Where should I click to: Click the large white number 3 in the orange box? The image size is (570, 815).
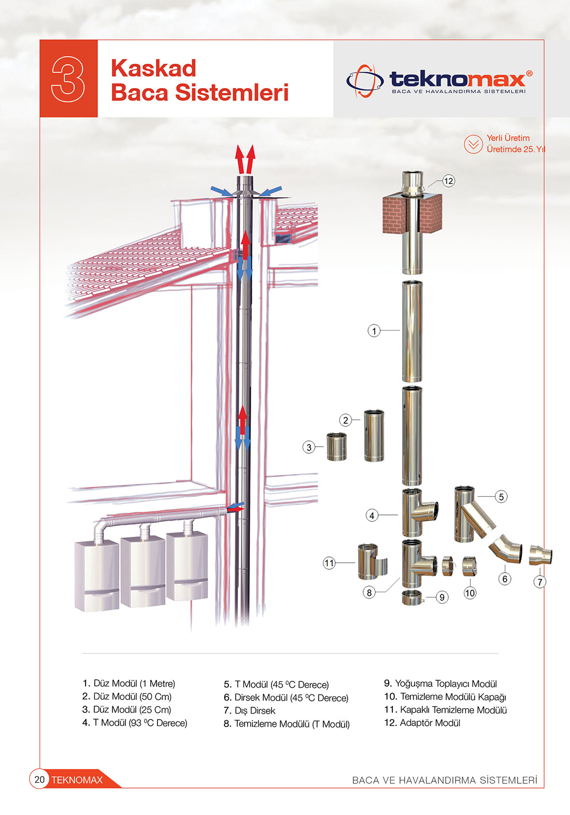[x=68, y=79]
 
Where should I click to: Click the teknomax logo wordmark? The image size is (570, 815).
[x=457, y=79]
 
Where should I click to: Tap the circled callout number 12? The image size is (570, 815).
[x=448, y=181]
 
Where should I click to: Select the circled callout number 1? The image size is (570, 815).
[x=374, y=331]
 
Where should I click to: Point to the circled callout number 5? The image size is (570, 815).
[x=501, y=497]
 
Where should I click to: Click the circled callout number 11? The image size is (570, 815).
[x=329, y=563]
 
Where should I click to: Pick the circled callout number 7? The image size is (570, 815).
[x=540, y=582]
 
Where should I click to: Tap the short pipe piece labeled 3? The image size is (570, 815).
[x=337, y=447]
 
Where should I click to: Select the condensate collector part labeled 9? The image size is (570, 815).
[x=412, y=597]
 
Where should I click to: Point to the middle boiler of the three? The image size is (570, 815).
[x=142, y=570]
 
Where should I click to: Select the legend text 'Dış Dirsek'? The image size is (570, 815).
[x=254, y=711]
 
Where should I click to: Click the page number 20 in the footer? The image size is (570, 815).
[x=39, y=779]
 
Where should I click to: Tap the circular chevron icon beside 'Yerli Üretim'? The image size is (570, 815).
[x=473, y=144]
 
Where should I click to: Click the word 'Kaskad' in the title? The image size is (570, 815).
[x=153, y=68]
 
